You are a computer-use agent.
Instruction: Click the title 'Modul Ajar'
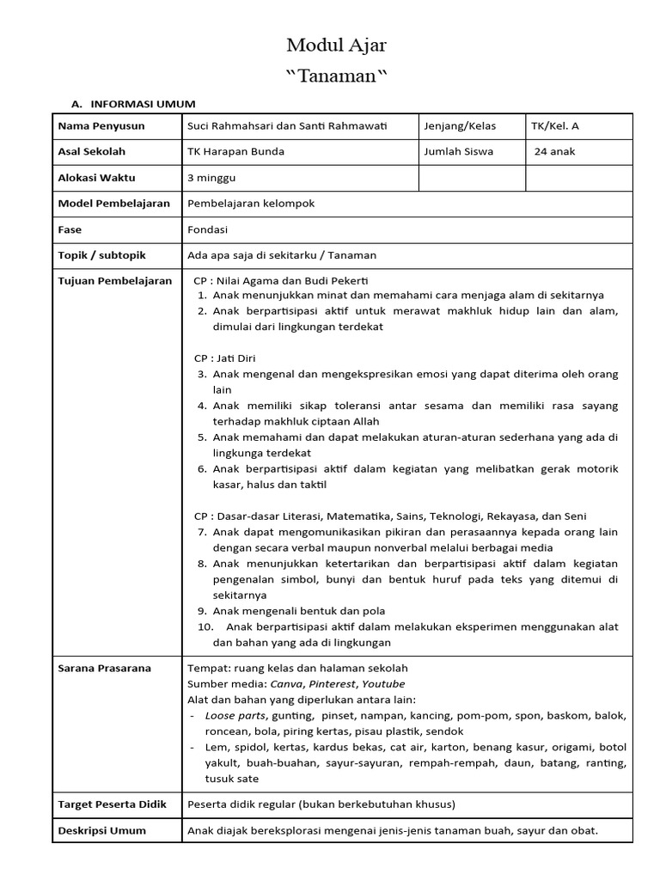click(x=330, y=46)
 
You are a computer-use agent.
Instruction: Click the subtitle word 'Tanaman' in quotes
click(x=336, y=76)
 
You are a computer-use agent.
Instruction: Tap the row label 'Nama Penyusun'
click(x=101, y=126)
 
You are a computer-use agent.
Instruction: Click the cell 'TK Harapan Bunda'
click(x=235, y=152)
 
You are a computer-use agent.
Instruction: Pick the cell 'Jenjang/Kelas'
click(x=460, y=126)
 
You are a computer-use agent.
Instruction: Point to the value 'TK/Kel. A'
click(x=555, y=126)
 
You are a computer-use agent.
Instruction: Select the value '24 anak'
click(x=555, y=152)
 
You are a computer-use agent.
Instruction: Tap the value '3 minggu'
click(x=211, y=178)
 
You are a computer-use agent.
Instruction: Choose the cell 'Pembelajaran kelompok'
click(x=251, y=204)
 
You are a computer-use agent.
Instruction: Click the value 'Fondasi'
click(x=208, y=229)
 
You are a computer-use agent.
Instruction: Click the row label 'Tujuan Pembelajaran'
click(x=115, y=281)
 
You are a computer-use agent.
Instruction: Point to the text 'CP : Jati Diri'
click(x=225, y=357)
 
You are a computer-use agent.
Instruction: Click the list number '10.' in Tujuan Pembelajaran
click(x=206, y=626)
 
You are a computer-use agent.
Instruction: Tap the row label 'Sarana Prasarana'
click(x=104, y=668)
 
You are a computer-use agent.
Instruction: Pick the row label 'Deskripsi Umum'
click(x=101, y=831)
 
